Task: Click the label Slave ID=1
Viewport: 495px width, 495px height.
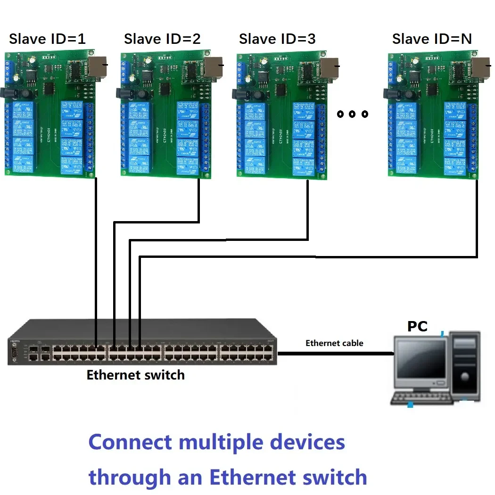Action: click(x=47, y=39)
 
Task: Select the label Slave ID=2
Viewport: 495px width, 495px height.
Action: click(x=162, y=39)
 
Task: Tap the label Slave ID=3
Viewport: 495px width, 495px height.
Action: click(x=277, y=39)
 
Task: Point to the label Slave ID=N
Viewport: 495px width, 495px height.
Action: click(x=432, y=39)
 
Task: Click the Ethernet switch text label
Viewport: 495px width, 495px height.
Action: click(x=135, y=375)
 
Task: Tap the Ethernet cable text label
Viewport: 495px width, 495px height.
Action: click(x=334, y=343)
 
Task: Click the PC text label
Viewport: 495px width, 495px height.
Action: click(x=417, y=326)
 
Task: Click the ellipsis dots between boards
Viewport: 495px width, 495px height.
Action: click(x=352, y=114)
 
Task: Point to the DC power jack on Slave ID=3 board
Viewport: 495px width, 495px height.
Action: click(x=240, y=93)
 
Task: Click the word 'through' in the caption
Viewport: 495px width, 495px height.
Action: click(x=130, y=477)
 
